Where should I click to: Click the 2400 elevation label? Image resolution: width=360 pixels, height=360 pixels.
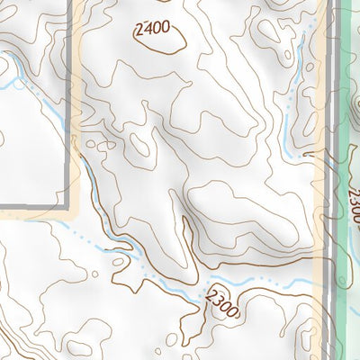pos(150,29)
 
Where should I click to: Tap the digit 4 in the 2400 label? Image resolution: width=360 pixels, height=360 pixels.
pos(146,29)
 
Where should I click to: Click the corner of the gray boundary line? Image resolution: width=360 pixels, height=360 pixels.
pos(68,206)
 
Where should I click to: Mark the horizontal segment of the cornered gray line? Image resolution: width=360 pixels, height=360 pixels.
pos(31,207)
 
